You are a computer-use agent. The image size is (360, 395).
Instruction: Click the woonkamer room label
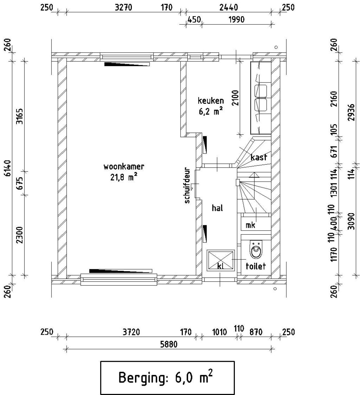(x=124, y=167)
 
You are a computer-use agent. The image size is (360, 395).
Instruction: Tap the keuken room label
(x=211, y=101)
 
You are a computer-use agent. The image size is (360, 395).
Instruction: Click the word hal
(x=217, y=208)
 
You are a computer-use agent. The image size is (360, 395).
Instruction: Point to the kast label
(x=259, y=157)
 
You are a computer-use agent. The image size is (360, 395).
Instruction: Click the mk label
(x=250, y=225)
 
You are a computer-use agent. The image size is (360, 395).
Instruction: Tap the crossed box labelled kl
(x=220, y=260)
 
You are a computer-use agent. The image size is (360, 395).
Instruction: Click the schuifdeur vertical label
(x=187, y=185)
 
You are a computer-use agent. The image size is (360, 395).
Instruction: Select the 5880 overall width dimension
(x=169, y=344)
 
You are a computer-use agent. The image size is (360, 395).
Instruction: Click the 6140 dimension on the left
(x=8, y=168)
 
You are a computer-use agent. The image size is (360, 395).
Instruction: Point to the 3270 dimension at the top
(x=123, y=8)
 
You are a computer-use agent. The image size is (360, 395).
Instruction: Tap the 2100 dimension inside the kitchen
(x=235, y=98)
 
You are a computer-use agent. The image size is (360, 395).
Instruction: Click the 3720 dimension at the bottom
(x=131, y=332)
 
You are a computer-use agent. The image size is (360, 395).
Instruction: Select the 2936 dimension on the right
(x=351, y=112)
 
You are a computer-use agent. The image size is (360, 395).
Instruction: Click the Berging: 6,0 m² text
(x=165, y=377)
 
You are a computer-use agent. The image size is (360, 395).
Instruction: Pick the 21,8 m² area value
(x=123, y=177)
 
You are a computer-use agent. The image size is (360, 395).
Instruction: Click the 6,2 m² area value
(x=211, y=111)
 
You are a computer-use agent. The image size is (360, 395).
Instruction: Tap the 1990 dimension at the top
(x=237, y=19)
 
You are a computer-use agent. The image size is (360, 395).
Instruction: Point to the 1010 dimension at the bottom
(x=219, y=332)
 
